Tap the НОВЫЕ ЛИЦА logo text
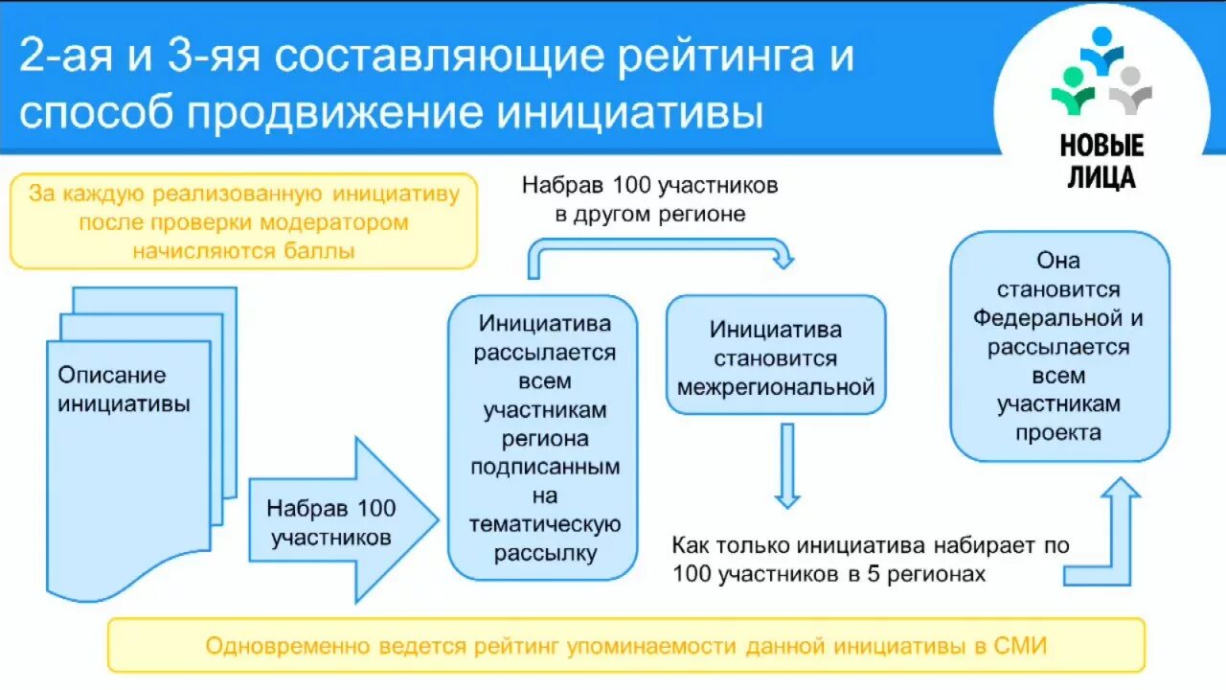tap(1101, 161)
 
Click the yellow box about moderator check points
tap(243, 221)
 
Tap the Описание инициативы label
tap(124, 389)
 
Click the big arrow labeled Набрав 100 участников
tap(341, 521)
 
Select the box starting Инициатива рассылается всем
tap(544, 438)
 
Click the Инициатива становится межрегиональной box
tap(776, 357)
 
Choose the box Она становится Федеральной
tap(1058, 346)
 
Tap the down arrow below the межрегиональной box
tap(786, 465)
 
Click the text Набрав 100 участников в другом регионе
tap(649, 198)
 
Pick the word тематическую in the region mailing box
tap(544, 524)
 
